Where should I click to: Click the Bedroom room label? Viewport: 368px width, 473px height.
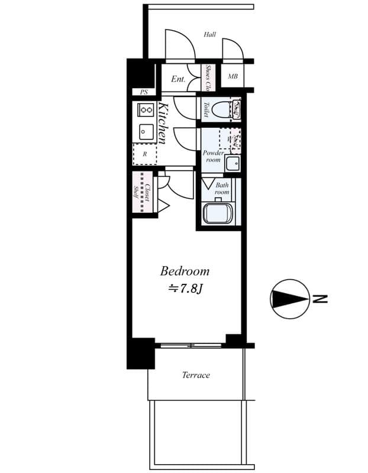point(185,271)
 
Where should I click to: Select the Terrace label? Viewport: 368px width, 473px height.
point(196,375)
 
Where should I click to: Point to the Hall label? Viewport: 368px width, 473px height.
point(209,34)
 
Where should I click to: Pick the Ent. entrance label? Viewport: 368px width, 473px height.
point(178,79)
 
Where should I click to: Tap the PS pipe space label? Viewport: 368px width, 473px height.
point(144,92)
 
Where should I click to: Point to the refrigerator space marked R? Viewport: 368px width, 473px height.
point(144,154)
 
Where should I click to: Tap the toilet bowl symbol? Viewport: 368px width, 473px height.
point(222,110)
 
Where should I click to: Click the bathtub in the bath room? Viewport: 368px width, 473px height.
point(218,213)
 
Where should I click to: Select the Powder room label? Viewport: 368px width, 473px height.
point(213,157)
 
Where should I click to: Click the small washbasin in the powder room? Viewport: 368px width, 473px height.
point(234,164)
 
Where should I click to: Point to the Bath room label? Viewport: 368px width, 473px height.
point(221,189)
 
